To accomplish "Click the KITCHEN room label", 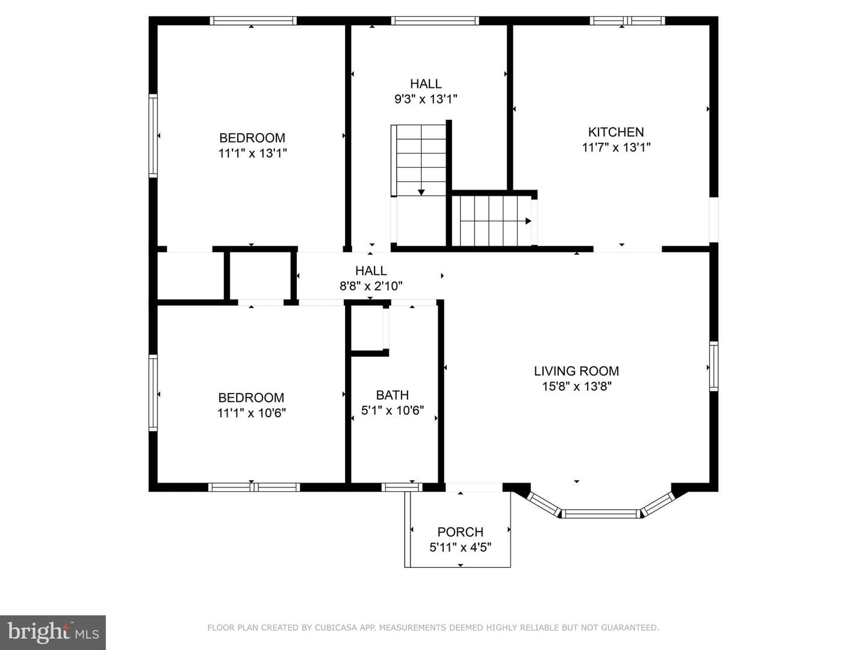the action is [616, 132].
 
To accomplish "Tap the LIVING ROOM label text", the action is [576, 371].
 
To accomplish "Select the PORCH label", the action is [460, 532].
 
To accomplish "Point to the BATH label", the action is [392, 395].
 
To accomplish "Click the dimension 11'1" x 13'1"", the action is [252, 153].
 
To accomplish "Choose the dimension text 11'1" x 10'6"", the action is [251, 413].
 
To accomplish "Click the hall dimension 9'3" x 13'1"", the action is [426, 99].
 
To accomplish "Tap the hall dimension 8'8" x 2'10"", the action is [371, 286].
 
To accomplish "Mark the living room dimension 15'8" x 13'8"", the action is [577, 386].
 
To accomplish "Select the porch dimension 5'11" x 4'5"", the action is [460, 548].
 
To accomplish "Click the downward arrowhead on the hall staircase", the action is [421, 192].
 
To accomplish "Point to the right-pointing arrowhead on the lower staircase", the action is [528, 221].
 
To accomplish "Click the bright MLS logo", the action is [53, 633].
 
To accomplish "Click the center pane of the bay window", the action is [600, 514].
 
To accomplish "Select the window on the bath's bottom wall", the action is [402, 487].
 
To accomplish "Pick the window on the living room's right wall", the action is [713, 367].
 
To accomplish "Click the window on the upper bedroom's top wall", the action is [253, 20].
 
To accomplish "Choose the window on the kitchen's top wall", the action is [627, 20].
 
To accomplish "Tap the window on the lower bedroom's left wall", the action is [153, 392].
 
